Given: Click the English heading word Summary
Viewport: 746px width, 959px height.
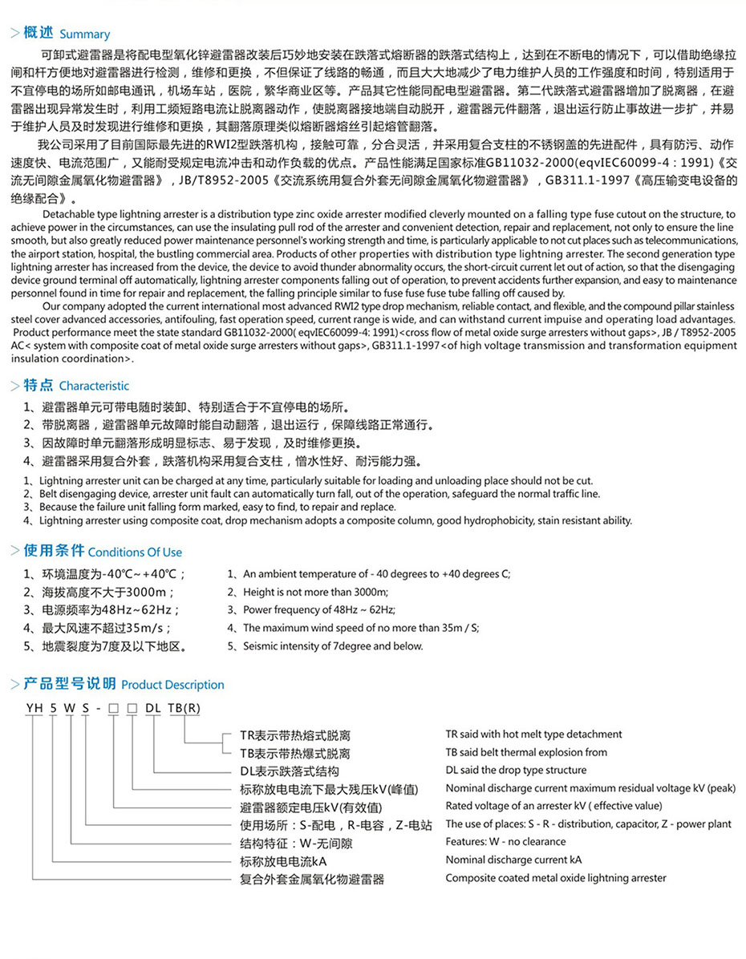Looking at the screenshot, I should (84, 34).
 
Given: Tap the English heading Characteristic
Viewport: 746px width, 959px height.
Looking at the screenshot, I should (94, 386).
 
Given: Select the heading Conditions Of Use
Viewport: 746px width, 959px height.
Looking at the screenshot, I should (135, 552).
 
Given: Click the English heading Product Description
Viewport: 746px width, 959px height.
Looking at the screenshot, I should (172, 685).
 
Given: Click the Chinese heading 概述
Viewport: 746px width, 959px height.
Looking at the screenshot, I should (39, 33).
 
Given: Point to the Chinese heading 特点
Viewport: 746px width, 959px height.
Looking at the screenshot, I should (39, 385).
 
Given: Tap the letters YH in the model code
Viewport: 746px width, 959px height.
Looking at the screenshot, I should (33, 707).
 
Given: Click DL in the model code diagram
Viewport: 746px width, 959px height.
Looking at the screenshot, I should (153, 707).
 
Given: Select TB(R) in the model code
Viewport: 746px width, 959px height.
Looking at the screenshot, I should (184, 707).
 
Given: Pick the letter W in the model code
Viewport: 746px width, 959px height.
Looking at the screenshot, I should (70, 707).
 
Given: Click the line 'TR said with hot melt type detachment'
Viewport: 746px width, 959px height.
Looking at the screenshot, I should (533, 734).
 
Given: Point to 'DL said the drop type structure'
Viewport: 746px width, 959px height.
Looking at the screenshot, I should (516, 771).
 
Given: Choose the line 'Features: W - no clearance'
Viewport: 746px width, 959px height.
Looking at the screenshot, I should (505, 842).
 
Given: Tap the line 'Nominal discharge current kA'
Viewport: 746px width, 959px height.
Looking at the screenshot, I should (513, 860).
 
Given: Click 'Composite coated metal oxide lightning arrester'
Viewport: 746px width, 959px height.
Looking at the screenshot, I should (556, 878).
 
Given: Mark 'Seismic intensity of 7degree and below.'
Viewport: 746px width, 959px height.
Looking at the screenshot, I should (333, 646).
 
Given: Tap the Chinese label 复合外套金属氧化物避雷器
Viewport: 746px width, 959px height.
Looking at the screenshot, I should (312, 880).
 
